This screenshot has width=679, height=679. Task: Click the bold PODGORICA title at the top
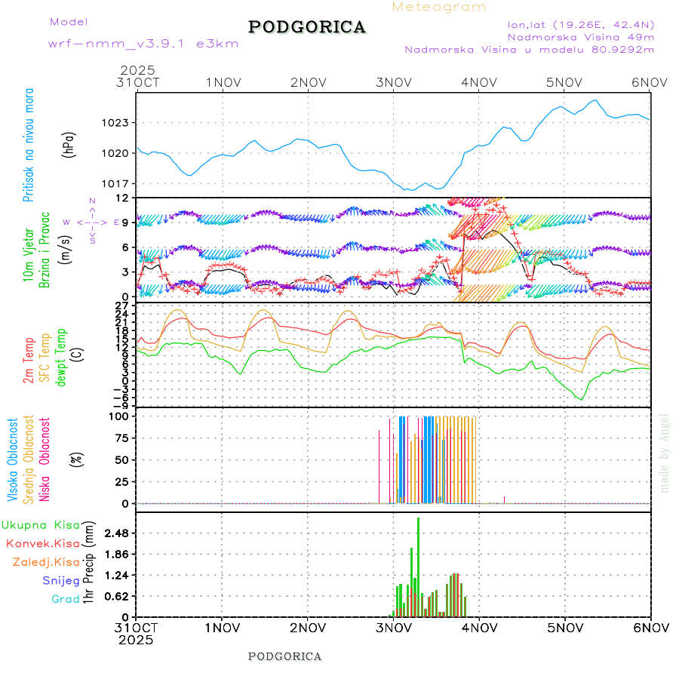tap(307, 27)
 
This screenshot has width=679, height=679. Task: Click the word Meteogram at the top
tap(439, 7)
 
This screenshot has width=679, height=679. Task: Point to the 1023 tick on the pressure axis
tap(121, 122)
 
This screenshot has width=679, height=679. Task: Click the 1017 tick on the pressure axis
tap(121, 183)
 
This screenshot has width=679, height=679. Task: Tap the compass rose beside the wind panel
tap(92, 222)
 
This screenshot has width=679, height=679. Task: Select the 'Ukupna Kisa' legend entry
tap(41, 525)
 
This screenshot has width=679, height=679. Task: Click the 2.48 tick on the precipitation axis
tap(118, 533)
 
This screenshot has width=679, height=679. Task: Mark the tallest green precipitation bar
tap(418, 566)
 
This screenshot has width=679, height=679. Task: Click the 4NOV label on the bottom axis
tap(478, 628)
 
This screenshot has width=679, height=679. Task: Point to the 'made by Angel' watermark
tap(665, 453)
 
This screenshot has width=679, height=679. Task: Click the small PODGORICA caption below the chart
tap(285, 656)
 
